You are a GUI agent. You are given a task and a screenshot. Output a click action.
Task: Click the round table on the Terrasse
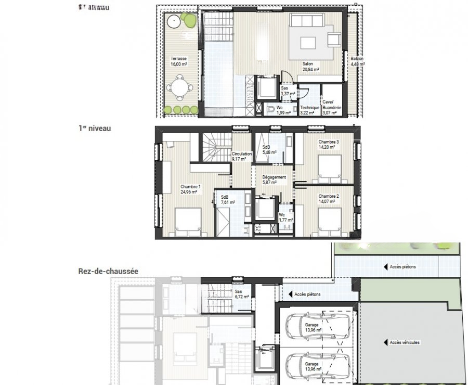(x=179, y=86)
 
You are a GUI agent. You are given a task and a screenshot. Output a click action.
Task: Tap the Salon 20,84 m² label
(x=311, y=66)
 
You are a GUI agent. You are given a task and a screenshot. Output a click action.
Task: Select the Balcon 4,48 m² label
(x=357, y=61)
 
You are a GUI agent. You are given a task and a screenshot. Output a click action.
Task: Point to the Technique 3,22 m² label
(x=310, y=110)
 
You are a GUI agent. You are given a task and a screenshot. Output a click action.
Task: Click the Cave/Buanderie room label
(x=331, y=107)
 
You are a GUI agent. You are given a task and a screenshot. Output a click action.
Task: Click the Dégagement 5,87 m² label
(x=274, y=180)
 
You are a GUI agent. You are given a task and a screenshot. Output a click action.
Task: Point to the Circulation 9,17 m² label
(x=242, y=156)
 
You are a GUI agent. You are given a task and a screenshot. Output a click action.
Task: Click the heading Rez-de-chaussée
(x=108, y=271)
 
